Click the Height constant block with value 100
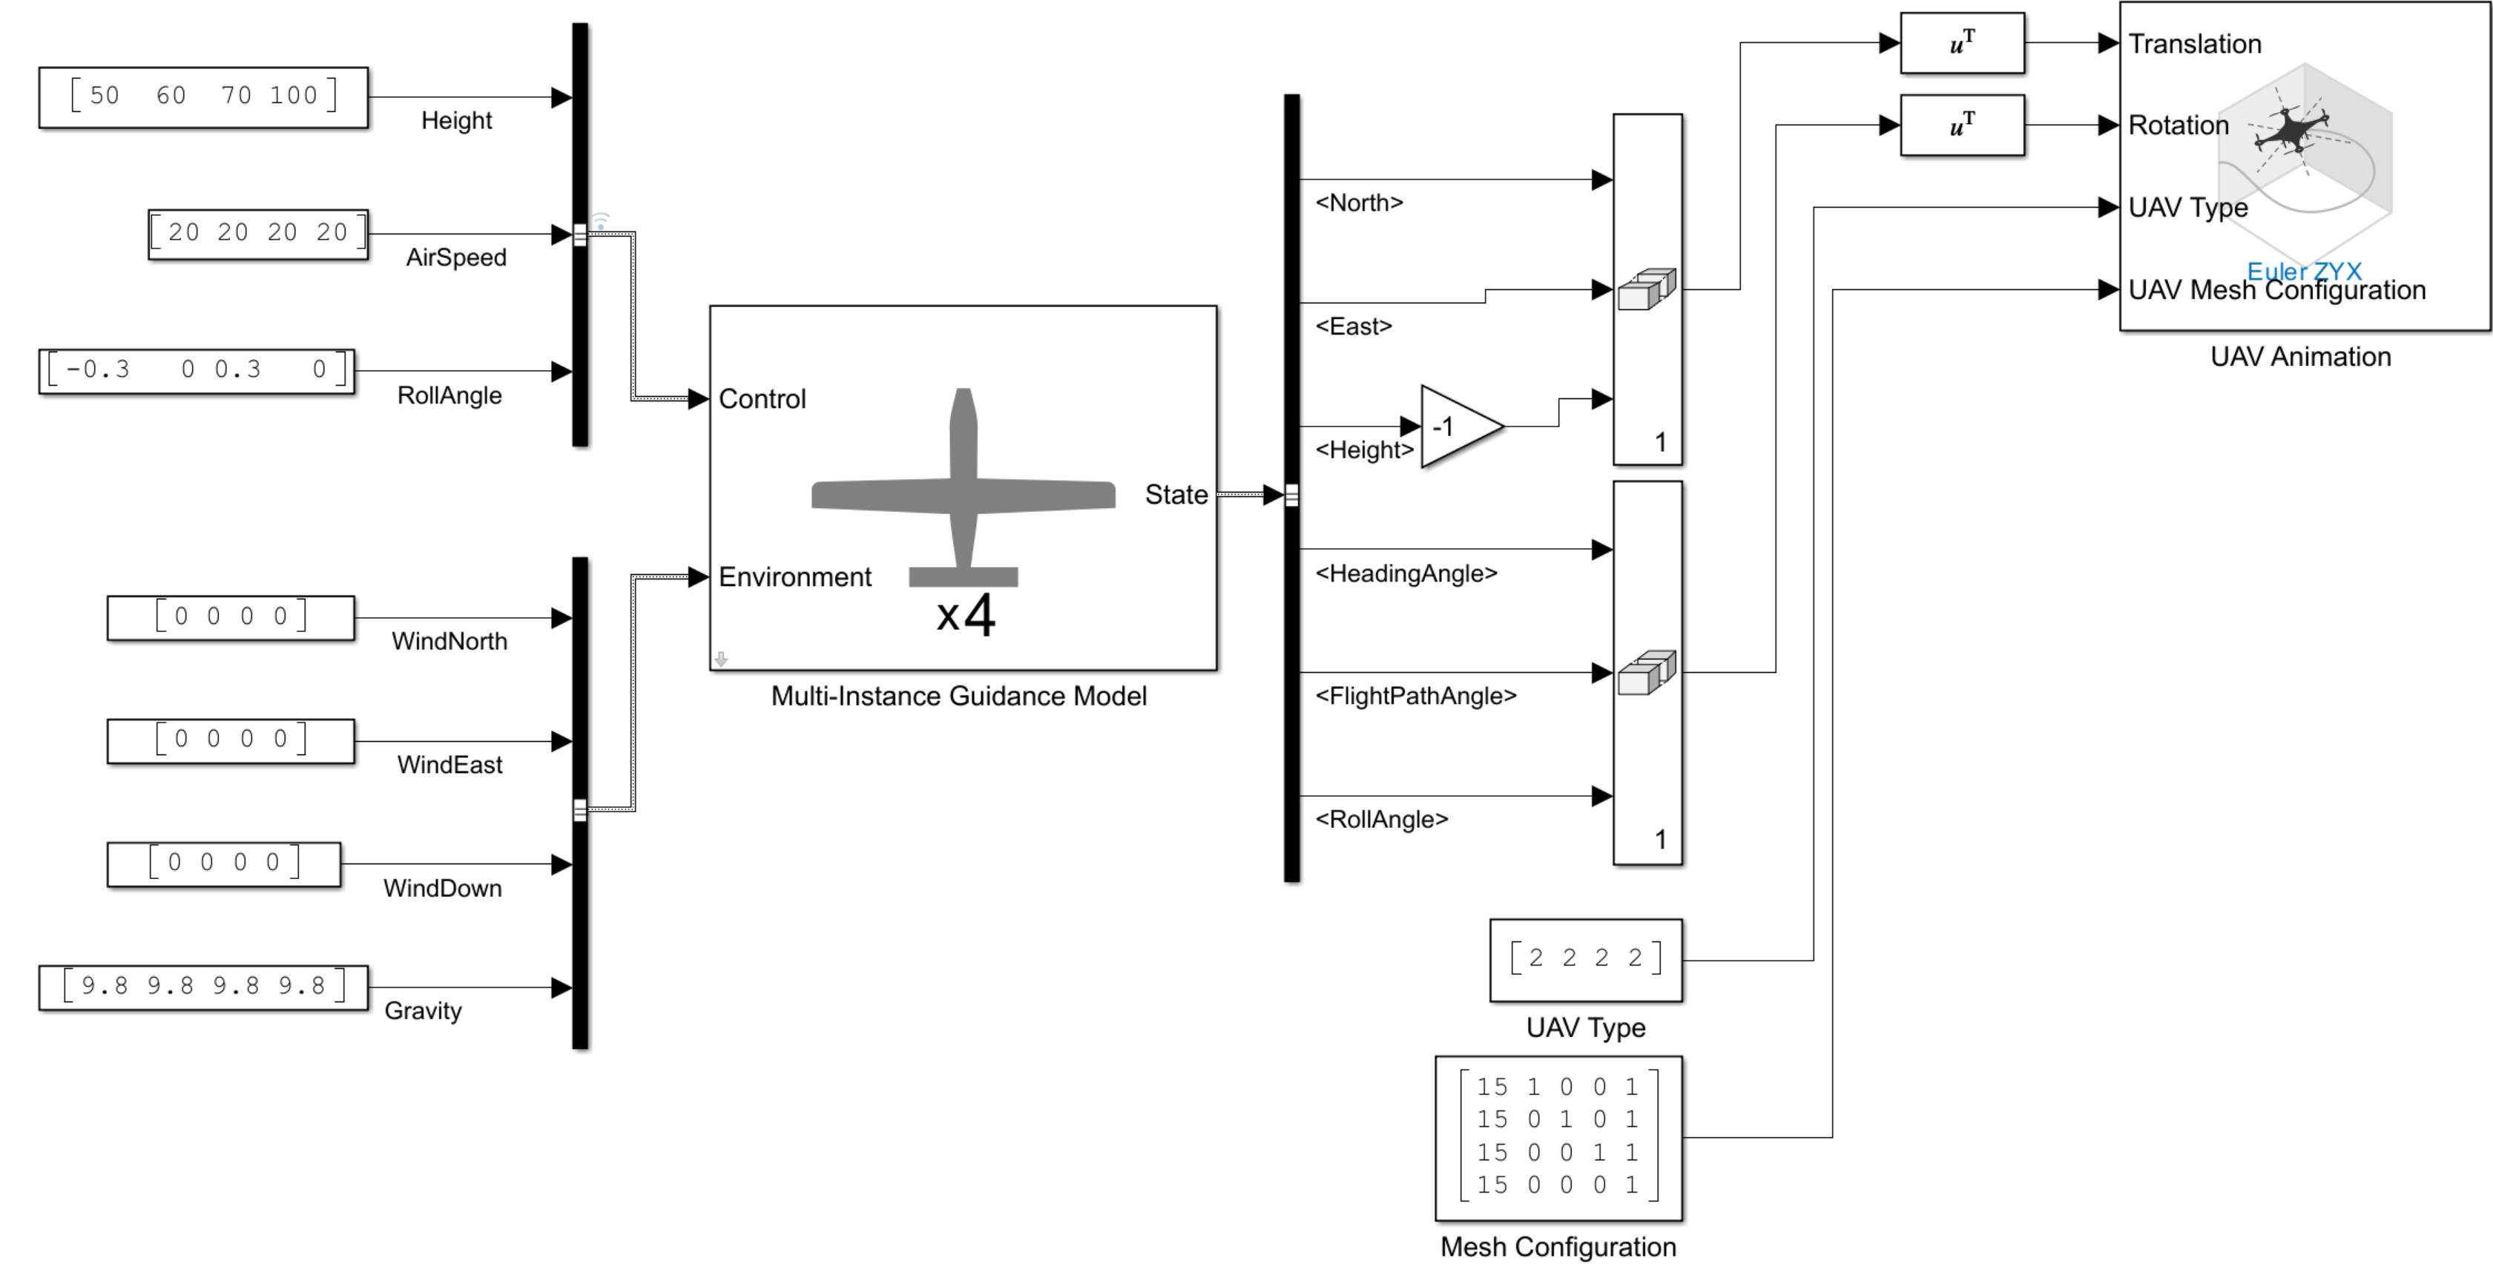click(203, 96)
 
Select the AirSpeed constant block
click(258, 233)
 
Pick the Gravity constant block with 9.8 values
click(203, 987)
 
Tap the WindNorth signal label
click(449, 641)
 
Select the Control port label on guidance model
click(762, 399)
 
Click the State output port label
click(1176, 495)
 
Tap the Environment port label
click(794, 577)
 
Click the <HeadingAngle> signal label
click(1405, 573)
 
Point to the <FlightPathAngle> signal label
click(1415, 696)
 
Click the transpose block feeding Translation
click(1962, 42)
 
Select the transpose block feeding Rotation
click(1962, 125)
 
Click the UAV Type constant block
click(1585, 959)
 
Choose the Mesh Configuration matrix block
click(1558, 1137)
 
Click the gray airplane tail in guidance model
click(963, 577)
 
